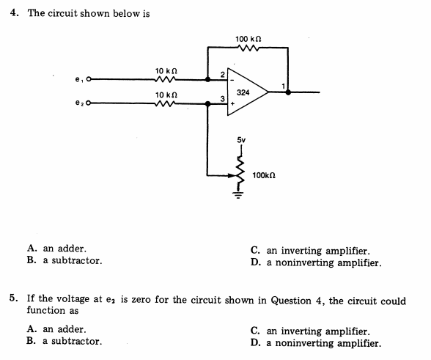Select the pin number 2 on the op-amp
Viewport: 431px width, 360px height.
[x=222, y=74]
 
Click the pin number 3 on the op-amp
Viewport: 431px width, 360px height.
[x=222, y=100]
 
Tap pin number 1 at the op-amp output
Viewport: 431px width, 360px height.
[x=283, y=87]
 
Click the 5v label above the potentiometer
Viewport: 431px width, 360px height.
[x=241, y=139]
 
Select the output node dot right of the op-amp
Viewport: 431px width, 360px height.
[x=288, y=92]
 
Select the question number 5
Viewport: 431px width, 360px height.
[x=14, y=300]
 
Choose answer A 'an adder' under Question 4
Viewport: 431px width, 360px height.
[x=56, y=249]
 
